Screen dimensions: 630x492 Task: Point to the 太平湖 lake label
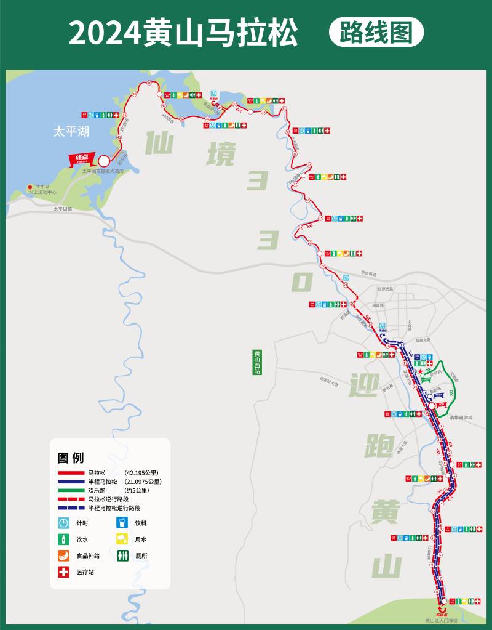71,131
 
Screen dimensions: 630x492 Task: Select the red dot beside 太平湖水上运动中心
29,187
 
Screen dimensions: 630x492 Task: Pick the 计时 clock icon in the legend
63,523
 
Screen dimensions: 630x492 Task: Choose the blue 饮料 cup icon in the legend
122,523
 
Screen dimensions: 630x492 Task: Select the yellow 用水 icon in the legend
122,539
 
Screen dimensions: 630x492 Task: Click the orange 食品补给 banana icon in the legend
63,555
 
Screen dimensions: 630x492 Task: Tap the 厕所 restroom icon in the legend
122,555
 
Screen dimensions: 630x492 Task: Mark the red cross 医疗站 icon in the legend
63,572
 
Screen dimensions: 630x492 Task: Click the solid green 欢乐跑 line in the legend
71,490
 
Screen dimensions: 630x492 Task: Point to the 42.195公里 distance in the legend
143,472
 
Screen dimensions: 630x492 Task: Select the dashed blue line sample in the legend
71,508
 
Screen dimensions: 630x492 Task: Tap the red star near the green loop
421,372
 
